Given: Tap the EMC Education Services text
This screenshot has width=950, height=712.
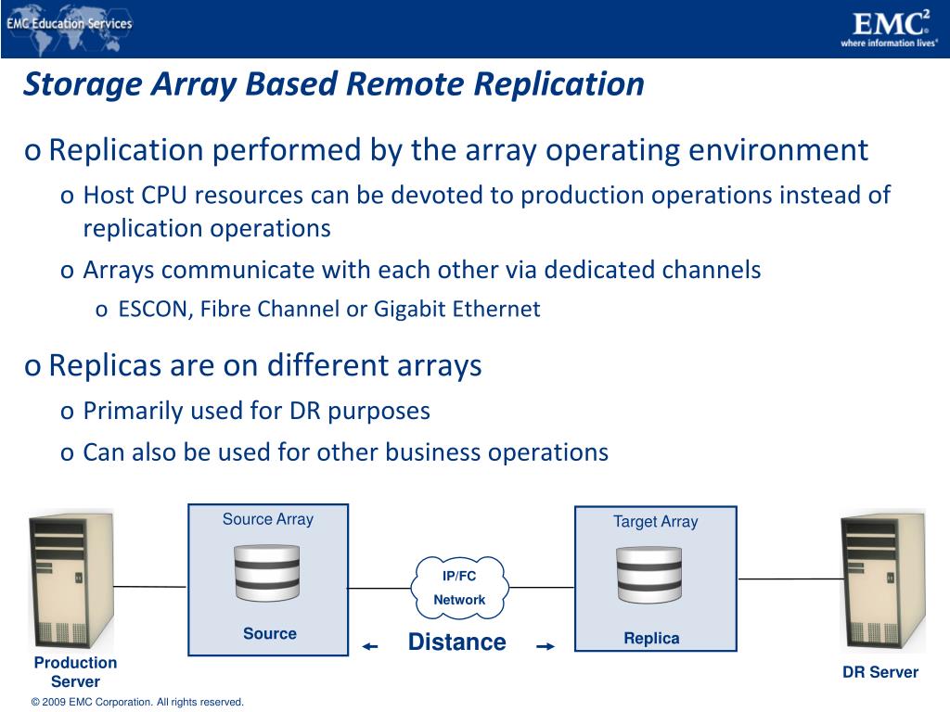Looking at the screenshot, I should [70, 24].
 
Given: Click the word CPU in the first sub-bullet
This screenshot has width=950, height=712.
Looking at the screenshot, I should [163, 196].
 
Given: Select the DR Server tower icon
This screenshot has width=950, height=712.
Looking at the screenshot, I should [882, 581].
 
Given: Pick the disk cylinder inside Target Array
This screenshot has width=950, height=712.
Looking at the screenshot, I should [649, 576].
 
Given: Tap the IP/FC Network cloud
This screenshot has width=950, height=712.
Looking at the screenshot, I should [460, 588].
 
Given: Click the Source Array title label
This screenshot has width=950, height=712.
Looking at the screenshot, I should [267, 519].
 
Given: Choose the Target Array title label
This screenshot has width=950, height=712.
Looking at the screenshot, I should [655, 522].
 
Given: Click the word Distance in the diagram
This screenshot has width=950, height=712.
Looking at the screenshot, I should [456, 642].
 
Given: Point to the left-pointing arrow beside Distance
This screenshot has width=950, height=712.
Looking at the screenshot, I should [370, 647].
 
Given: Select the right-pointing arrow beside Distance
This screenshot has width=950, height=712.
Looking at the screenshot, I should [545, 647].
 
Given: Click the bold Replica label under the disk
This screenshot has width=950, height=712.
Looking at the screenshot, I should [651, 638].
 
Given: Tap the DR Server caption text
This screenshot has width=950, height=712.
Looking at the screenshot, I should [879, 672].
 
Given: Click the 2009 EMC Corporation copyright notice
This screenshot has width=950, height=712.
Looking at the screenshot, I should [137, 702].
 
